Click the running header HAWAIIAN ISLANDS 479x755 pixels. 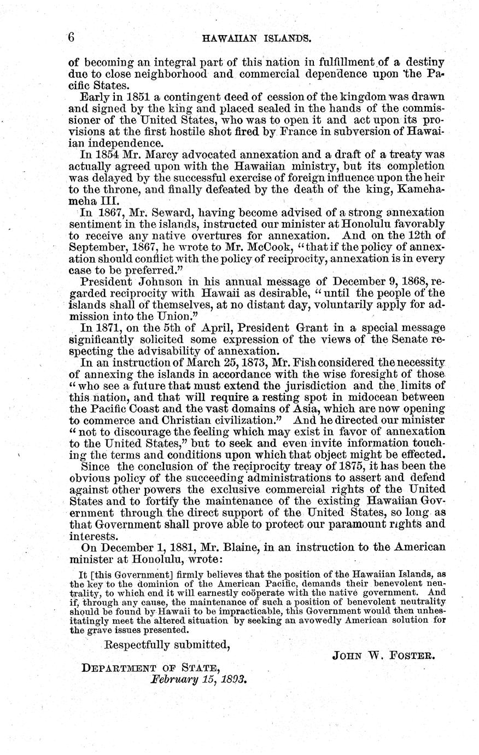(257, 39)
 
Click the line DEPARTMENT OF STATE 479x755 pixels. (150, 668)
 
